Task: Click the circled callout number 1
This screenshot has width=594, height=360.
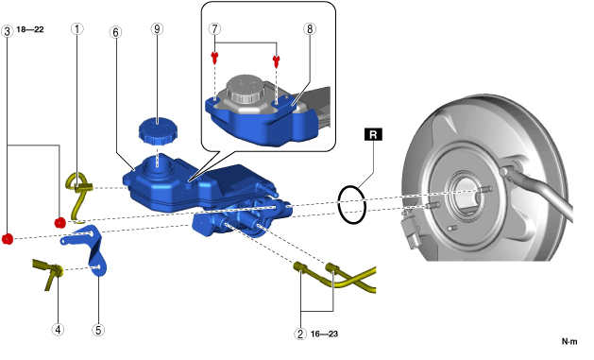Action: pos(77,28)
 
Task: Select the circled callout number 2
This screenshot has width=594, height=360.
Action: pos(300,334)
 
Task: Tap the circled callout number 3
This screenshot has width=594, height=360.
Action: pos(8,31)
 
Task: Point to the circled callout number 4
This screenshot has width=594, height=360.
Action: pos(58,330)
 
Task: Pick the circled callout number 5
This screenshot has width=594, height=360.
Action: pos(98,330)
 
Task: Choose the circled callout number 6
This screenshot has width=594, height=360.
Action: pos(115,32)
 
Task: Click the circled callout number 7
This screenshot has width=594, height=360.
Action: pos(214,28)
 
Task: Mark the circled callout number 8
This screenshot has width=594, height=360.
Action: pos(310,28)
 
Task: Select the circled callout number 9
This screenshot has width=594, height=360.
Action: pos(157,28)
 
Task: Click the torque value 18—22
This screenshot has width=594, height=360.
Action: pos(30,29)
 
